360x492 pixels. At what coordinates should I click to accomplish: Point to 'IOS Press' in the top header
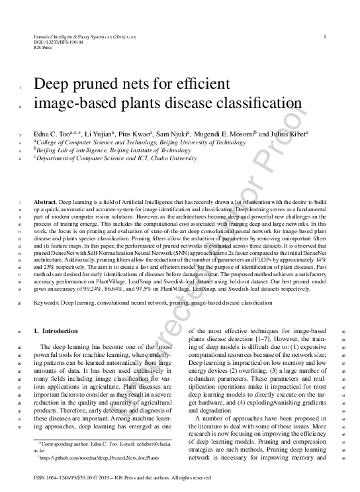42,47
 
